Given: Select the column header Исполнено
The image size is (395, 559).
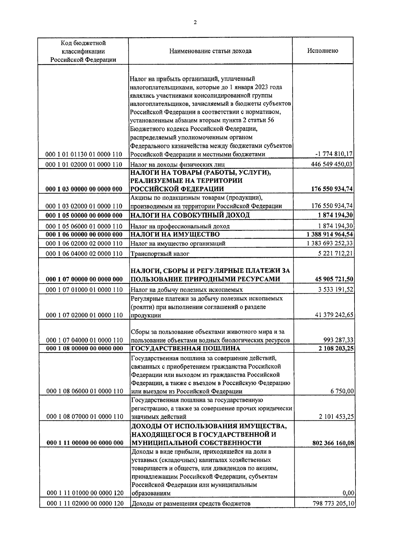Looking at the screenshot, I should tap(323, 51).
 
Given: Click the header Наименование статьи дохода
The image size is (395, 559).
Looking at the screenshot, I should tap(210, 51).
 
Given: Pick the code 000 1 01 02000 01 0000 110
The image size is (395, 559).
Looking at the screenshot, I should tap(84, 164).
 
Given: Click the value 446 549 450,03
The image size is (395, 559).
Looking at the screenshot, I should tap(332, 164).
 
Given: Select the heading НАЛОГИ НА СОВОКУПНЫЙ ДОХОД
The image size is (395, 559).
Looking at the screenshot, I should tap(190, 215).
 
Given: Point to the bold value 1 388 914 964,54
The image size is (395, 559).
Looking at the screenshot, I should tap(329, 234).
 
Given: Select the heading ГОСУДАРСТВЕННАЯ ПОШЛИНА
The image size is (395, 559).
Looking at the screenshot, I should tap(185, 348).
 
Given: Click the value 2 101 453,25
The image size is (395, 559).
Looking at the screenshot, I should tap(336, 416).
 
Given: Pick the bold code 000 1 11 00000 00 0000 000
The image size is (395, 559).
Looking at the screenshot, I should tap(85, 443).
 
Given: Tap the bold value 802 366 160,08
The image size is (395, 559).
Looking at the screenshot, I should tap(333, 443).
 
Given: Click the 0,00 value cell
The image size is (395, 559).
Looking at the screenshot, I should tap(348, 493).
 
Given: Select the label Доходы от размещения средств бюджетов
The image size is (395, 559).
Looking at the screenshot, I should tap(191, 503).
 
